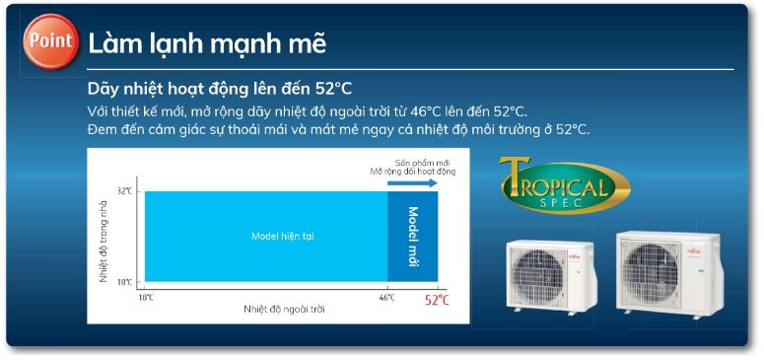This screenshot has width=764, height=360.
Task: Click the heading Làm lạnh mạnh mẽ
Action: click(x=207, y=44)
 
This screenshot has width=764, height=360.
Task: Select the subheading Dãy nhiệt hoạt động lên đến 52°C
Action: click(x=219, y=89)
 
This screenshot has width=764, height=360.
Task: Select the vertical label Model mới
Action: click(x=413, y=236)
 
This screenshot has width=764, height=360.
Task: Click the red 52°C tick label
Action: click(x=438, y=300)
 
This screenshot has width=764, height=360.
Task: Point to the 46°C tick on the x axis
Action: click(x=386, y=297)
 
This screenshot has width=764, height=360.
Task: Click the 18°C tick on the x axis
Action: click(x=145, y=297)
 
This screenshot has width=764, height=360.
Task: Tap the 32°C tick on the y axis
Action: click(x=125, y=190)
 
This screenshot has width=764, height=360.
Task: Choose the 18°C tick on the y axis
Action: click(x=125, y=283)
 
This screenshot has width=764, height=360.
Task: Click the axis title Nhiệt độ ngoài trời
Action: click(x=284, y=310)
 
